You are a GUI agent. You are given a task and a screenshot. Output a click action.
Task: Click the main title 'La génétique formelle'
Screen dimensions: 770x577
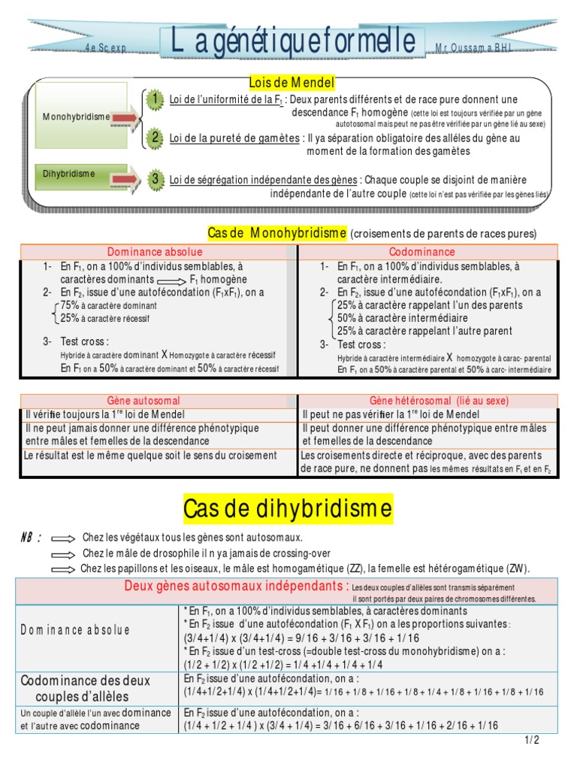(x=288, y=41)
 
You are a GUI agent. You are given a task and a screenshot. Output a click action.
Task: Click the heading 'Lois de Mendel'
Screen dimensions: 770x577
(x=292, y=82)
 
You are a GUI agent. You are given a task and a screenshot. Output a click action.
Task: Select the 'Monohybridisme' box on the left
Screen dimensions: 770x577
(x=77, y=117)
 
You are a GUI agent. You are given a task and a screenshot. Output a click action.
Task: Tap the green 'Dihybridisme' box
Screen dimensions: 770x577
(x=69, y=174)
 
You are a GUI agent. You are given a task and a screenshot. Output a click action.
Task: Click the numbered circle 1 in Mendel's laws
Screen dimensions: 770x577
(x=154, y=99)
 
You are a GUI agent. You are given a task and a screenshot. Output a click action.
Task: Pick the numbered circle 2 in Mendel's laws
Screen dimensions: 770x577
(x=154, y=137)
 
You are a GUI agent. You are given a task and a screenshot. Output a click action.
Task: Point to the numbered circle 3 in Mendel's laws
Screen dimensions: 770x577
(x=155, y=179)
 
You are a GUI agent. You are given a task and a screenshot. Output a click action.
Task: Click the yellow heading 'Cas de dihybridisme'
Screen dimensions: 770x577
(x=288, y=509)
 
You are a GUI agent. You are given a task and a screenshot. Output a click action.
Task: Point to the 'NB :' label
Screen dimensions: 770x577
(x=31, y=538)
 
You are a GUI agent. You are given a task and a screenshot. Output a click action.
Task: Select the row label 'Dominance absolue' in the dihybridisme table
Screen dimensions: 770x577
(x=75, y=630)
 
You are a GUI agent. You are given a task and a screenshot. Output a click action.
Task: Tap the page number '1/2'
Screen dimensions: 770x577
(x=532, y=741)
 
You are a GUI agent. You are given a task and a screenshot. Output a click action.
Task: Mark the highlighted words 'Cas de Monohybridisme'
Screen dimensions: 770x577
(x=276, y=233)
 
